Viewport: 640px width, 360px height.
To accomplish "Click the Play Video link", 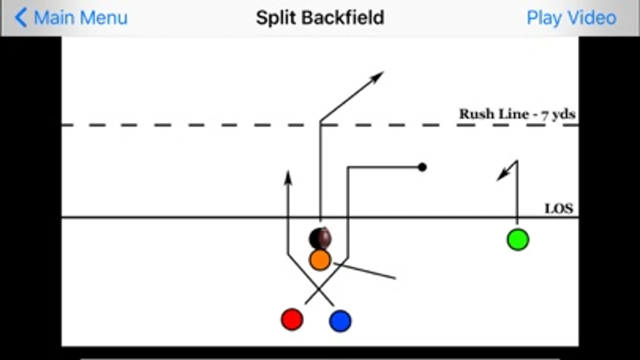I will click(571, 18).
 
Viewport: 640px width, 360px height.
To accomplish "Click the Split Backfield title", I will click(320, 18).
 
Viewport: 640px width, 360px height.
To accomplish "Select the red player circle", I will click(292, 320).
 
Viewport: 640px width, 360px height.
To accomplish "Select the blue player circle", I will click(340, 321).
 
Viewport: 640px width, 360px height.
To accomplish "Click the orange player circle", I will click(320, 260).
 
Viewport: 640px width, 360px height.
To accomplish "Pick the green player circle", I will click(518, 240).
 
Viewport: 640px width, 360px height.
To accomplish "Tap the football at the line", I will click(321, 238).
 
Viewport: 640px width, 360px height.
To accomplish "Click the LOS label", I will click(559, 208).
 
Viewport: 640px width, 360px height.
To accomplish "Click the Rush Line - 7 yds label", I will click(517, 114).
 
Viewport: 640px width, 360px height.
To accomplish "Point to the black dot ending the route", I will click(422, 167).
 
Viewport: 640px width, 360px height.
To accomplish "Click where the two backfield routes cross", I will click(319, 289).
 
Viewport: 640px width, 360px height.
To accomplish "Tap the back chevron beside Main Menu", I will click(21, 18).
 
